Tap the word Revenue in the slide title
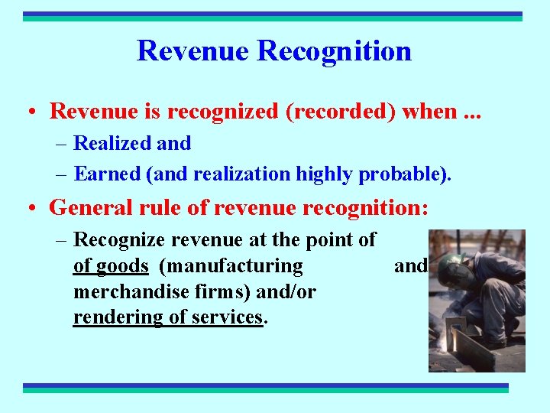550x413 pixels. click(x=193, y=51)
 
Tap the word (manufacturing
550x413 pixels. click(x=231, y=266)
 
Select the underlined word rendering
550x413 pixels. click(x=117, y=317)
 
